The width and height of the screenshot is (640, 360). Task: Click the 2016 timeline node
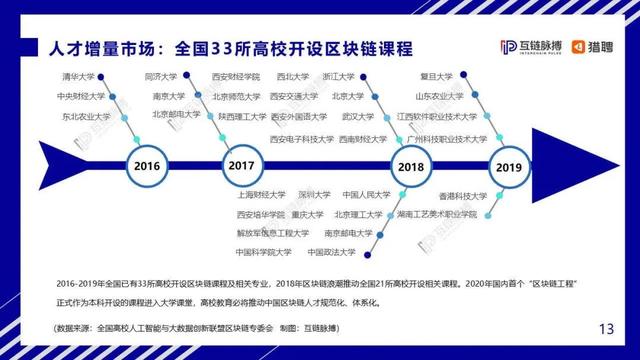pyautogui.click(x=146, y=164)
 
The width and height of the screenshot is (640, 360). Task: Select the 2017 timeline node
pyautogui.click(x=241, y=164)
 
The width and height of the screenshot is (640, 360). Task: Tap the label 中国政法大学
pyautogui.click(x=331, y=252)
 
